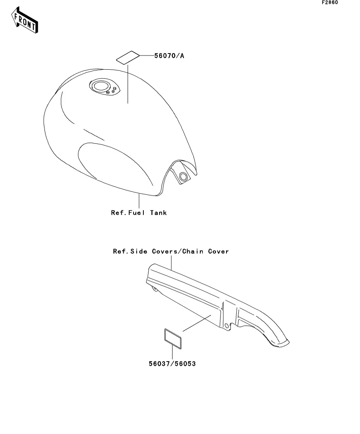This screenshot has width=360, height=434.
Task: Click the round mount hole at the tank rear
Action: [x=183, y=177]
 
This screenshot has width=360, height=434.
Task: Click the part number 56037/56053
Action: [x=172, y=364]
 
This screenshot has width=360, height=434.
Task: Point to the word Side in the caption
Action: [x=139, y=251]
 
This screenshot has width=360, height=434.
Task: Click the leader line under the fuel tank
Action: [x=139, y=201]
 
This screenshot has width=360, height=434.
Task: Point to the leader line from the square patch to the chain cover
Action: [x=197, y=323]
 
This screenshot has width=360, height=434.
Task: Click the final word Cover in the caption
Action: [x=219, y=251]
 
